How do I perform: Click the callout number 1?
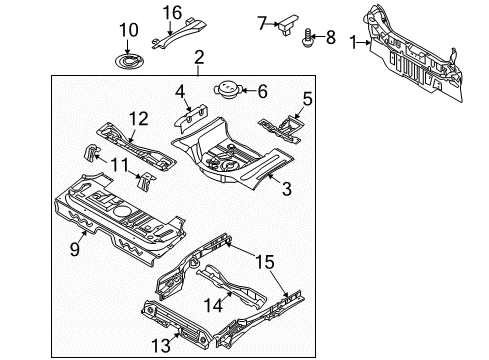click(351, 42)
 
